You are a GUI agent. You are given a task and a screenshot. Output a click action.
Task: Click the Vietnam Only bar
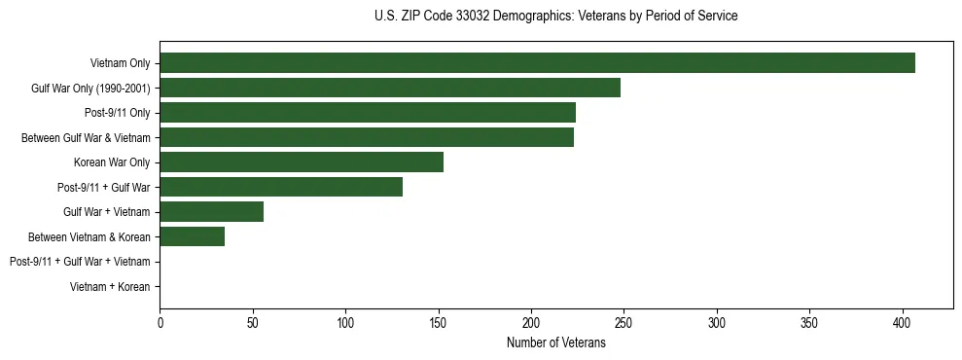click(537, 63)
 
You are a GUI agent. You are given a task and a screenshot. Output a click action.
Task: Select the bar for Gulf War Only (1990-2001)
click(390, 89)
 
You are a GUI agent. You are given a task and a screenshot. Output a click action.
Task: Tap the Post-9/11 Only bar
click(368, 113)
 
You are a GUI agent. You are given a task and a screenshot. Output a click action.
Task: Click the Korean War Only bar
click(302, 162)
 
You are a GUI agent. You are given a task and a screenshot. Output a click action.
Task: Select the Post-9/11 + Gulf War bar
click(281, 187)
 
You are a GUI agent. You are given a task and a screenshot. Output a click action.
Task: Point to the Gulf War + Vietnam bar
click(211, 212)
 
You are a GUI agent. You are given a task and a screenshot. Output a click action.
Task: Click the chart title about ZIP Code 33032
click(555, 17)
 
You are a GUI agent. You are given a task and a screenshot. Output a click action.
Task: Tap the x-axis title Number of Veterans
click(555, 343)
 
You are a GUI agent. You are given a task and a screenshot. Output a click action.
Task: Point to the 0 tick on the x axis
click(160, 322)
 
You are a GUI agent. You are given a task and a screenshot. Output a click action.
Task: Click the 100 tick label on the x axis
click(345, 322)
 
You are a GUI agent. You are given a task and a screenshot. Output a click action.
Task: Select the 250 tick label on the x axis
click(624, 322)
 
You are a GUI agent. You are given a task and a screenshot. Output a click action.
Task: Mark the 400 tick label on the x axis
click(903, 322)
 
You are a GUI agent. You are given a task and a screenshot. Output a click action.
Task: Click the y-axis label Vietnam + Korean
click(110, 287)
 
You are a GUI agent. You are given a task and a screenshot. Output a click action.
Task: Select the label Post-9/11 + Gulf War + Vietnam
click(80, 262)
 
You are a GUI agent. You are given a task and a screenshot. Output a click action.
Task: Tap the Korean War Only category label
click(112, 162)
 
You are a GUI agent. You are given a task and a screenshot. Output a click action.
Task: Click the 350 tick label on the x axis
click(810, 322)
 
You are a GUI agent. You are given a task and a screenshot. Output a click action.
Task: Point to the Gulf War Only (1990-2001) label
click(90, 89)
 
